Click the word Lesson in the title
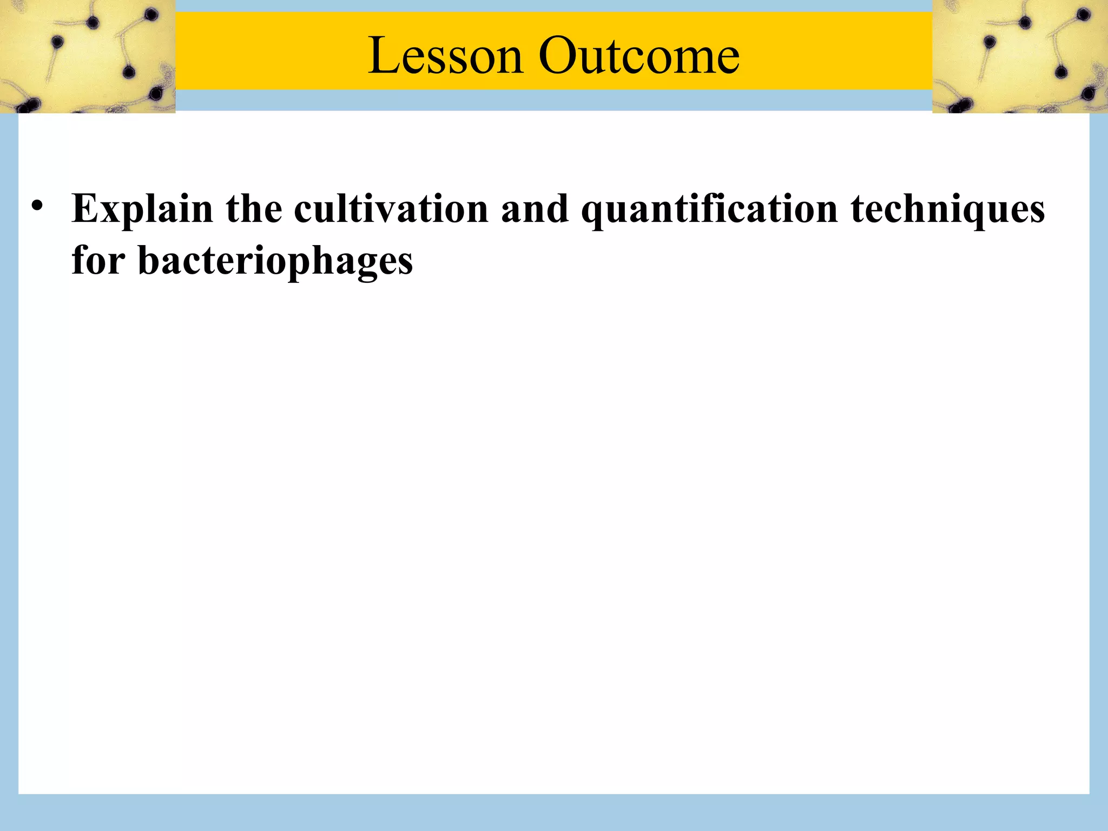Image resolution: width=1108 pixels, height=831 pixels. point(445,56)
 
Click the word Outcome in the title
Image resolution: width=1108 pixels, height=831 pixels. point(639,56)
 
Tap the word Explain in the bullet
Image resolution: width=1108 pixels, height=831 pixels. point(142,209)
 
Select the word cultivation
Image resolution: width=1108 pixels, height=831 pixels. point(391,208)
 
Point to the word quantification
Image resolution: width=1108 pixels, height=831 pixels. point(709,209)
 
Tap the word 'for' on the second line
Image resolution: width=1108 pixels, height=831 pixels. point(98,260)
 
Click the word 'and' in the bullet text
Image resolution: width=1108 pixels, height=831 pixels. point(535,208)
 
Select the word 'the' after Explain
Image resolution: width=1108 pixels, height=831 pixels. point(254,208)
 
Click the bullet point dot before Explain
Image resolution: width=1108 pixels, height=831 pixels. point(37,207)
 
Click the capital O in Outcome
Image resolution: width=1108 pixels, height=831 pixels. point(558,56)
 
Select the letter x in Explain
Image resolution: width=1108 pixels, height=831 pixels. point(109,210)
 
